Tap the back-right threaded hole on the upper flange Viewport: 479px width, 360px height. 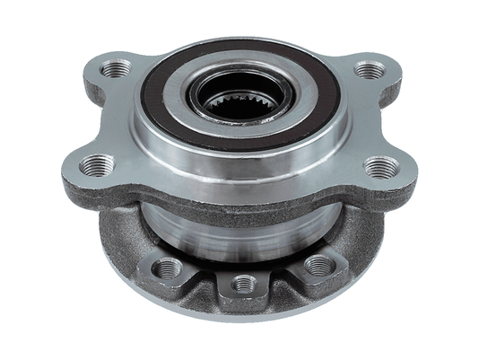(367, 70)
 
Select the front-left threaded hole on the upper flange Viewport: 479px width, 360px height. (95, 165)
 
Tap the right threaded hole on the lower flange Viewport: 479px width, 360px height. (317, 266)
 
